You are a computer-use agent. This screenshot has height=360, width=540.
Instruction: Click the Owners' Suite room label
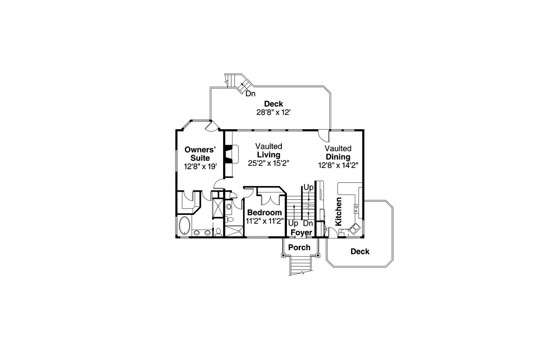(201, 154)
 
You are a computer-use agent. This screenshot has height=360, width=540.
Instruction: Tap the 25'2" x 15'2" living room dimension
(268, 163)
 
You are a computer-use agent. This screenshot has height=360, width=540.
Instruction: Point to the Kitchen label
(338, 211)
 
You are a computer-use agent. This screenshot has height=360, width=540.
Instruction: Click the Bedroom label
(264, 212)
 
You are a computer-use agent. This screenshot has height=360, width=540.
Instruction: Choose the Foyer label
(301, 233)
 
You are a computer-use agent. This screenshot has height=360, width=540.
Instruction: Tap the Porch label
(299, 247)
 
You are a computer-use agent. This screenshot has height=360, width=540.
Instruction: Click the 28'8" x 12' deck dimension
(274, 112)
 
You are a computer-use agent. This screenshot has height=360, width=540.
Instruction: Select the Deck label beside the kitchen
(360, 252)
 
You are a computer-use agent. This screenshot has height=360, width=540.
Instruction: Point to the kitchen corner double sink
(354, 228)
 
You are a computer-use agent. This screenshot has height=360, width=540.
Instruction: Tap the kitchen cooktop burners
(356, 207)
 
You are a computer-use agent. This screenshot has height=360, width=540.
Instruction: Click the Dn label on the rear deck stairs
(251, 94)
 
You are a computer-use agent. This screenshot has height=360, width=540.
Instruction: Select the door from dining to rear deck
(323, 135)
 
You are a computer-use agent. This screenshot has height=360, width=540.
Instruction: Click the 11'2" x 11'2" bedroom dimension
(264, 221)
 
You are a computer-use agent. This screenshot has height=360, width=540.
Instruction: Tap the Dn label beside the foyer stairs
(308, 223)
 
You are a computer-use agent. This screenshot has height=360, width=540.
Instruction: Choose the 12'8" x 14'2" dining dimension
(338, 165)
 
